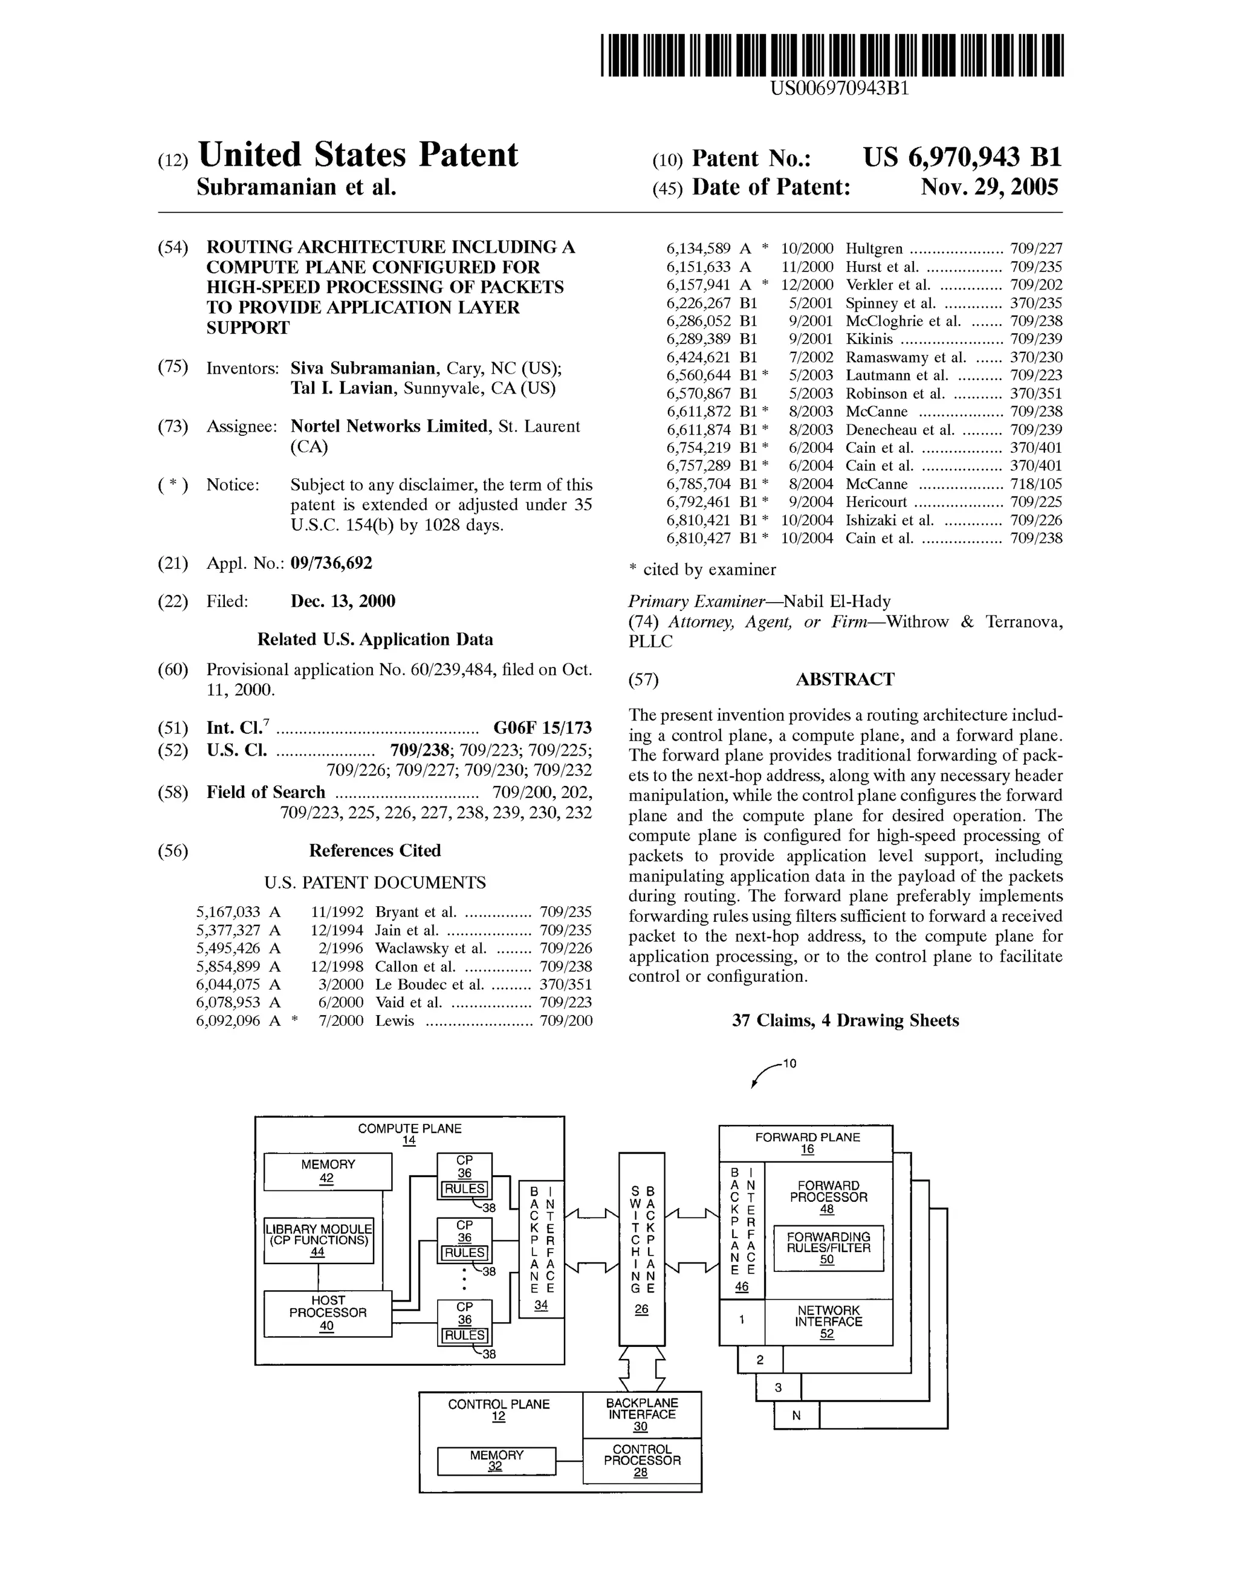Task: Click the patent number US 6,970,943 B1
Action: (962, 158)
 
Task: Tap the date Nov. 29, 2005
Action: (989, 188)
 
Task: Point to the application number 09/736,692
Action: (331, 563)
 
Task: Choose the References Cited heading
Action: (374, 850)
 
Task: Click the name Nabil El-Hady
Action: (837, 602)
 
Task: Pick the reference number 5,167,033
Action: (228, 912)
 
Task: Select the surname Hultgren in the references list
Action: (874, 248)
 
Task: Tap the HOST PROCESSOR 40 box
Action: (328, 1313)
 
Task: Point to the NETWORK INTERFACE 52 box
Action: (828, 1321)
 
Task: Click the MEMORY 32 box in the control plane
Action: (496, 1460)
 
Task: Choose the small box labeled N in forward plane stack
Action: (796, 1415)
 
